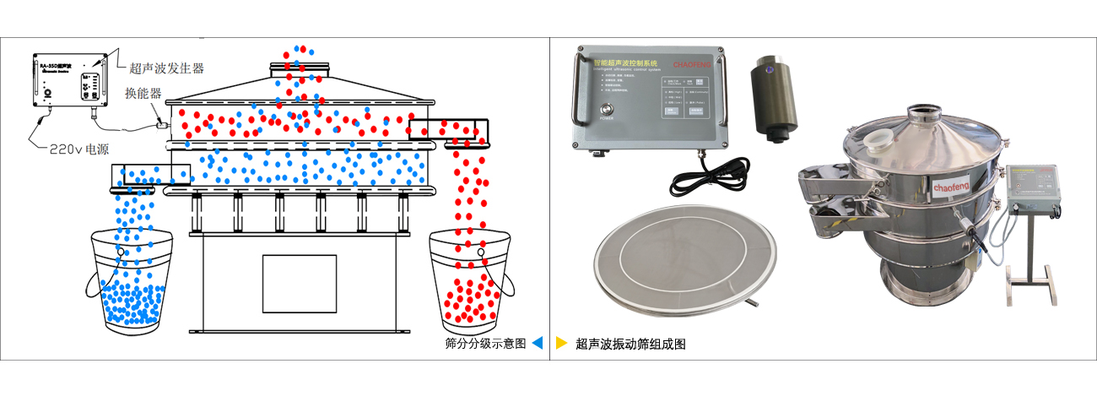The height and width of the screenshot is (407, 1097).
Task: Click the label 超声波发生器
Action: pyautogui.click(x=167, y=68)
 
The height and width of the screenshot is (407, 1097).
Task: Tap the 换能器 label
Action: pyautogui.click(x=143, y=93)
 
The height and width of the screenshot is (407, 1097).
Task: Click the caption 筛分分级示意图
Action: pyautogui.click(x=484, y=344)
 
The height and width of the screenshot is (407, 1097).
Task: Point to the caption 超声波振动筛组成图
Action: pyautogui.click(x=630, y=344)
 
